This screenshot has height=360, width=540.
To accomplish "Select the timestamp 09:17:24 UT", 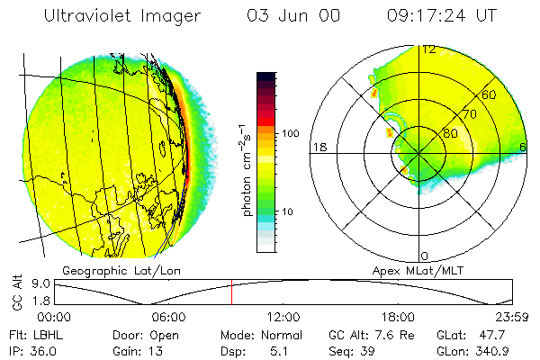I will pyautogui.click(x=441, y=15).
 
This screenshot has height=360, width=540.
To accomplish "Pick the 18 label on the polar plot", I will pyautogui.click(x=318, y=147).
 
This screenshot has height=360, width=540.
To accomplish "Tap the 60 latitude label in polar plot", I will pyautogui.click(x=490, y=94).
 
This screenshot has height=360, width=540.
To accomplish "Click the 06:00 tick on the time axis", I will pyautogui.click(x=168, y=317).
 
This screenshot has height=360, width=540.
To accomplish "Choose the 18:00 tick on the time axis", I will pyautogui.click(x=398, y=317).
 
